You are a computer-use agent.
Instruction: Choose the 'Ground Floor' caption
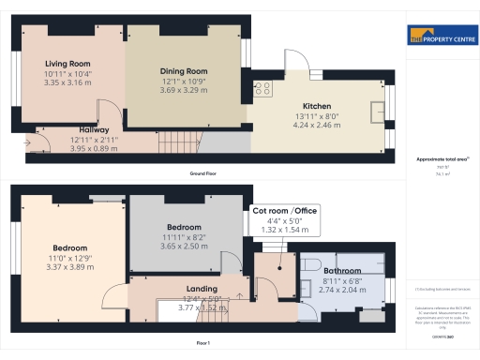pyautogui.click(x=202, y=174)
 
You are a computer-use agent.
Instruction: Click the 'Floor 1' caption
pyautogui.click(x=202, y=344)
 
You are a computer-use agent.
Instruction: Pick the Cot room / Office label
pyautogui.click(x=285, y=210)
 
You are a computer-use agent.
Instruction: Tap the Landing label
pyautogui.click(x=202, y=289)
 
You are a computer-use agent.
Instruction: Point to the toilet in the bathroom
pyautogui.click(x=312, y=262)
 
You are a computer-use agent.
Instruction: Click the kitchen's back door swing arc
pyautogui.click(x=295, y=62)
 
